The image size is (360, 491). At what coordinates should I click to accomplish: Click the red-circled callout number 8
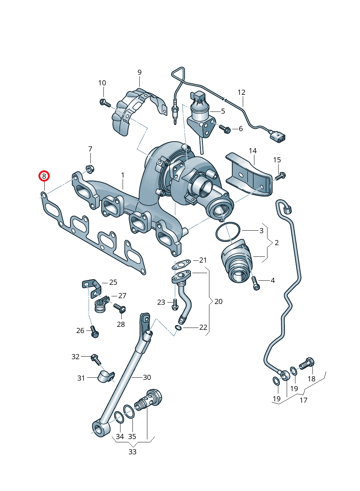pyautogui.click(x=44, y=176)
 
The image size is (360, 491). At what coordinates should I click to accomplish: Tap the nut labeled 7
pyautogui.click(x=89, y=169)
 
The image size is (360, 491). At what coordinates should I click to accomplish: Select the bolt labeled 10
pyautogui.click(x=105, y=103)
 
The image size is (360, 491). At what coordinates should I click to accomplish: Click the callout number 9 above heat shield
pyautogui.click(x=139, y=73)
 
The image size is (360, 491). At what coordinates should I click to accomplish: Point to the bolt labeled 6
pyautogui.click(x=224, y=129)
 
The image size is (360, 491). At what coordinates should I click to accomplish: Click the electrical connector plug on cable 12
pyautogui.click(x=278, y=137)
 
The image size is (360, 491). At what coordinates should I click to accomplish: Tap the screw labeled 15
pyautogui.click(x=281, y=176)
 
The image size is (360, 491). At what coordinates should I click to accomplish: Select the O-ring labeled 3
pyautogui.click(x=228, y=232)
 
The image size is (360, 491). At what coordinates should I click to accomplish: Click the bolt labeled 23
pyautogui.click(x=175, y=304)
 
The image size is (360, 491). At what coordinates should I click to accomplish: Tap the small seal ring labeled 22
pyautogui.click(x=178, y=328)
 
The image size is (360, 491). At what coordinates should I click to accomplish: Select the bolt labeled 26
pyautogui.click(x=94, y=332)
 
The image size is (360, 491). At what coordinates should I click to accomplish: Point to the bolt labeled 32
pyautogui.click(x=95, y=358)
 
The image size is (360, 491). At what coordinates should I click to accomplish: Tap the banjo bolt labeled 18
pyautogui.click(x=307, y=363)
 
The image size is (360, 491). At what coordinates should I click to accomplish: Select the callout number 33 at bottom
pyautogui.click(x=132, y=452)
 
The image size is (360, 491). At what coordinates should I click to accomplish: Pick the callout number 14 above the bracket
pyautogui.click(x=253, y=151)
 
